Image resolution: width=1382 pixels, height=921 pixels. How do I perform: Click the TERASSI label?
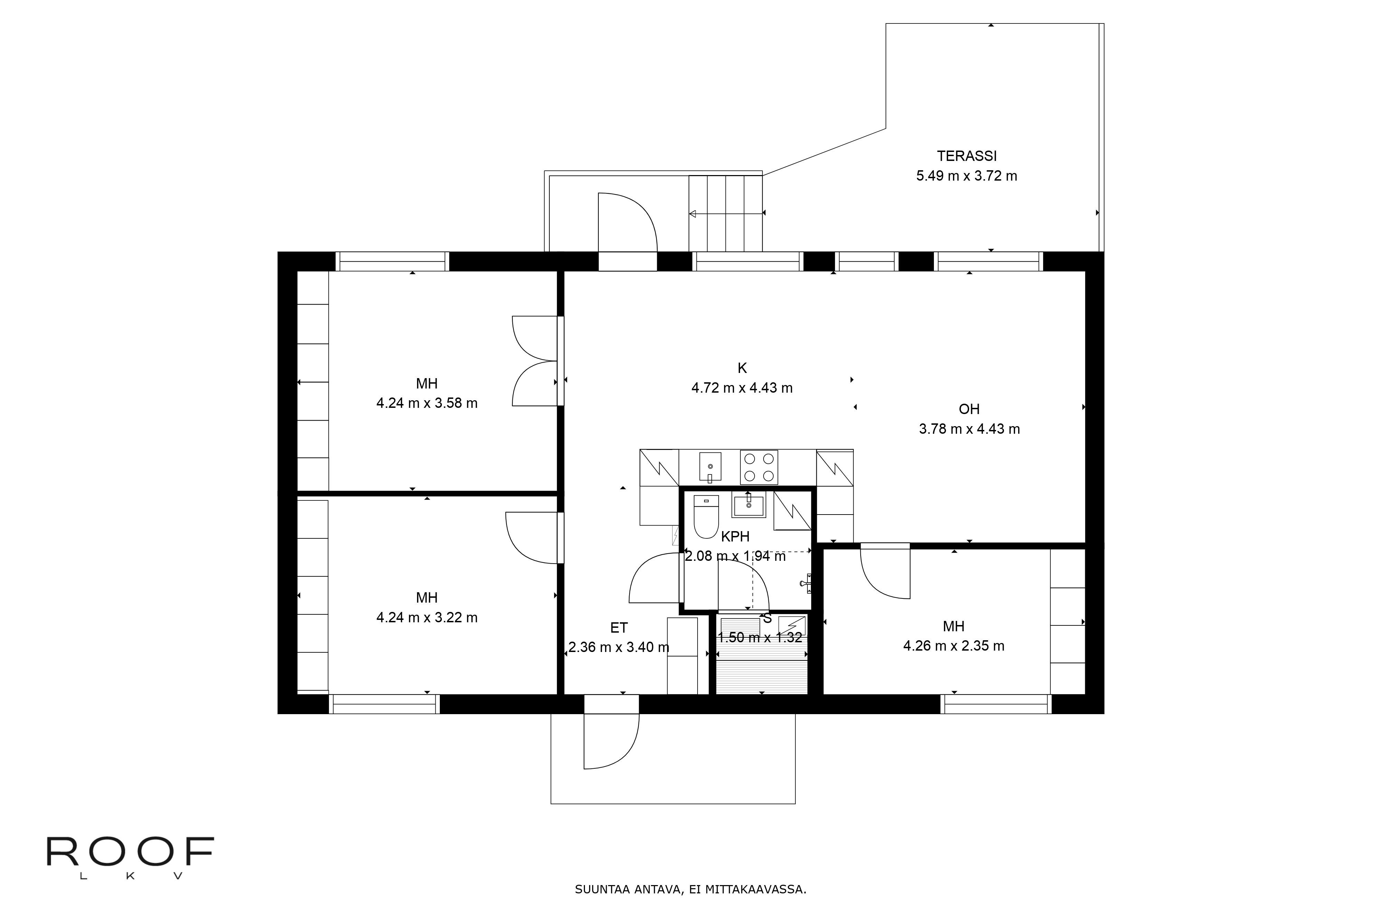[x=967, y=156]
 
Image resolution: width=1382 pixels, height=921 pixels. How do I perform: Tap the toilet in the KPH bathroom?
[x=706, y=517]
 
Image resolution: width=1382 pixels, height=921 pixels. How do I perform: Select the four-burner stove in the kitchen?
[x=759, y=467]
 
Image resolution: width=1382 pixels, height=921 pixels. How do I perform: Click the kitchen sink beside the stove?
[x=710, y=467]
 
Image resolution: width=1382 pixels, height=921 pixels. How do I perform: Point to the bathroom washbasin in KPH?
[x=749, y=505]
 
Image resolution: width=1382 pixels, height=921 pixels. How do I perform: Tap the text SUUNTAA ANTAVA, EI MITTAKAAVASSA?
[x=690, y=889]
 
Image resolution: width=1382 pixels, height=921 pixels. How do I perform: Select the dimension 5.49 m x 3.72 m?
[x=967, y=176]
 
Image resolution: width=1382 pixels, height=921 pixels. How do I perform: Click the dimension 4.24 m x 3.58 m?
[x=427, y=403]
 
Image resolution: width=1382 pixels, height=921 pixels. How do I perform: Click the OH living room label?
[x=969, y=409]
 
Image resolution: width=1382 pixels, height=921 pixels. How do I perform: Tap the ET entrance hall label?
[x=619, y=628]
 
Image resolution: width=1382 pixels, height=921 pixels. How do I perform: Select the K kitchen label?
[x=742, y=368]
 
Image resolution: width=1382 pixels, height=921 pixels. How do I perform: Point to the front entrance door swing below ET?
[x=611, y=740]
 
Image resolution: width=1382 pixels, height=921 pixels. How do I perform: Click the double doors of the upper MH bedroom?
[x=535, y=361]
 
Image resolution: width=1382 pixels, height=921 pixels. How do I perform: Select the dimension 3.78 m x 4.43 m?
[x=969, y=429]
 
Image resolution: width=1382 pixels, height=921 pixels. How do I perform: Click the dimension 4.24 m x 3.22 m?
[x=427, y=617]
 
